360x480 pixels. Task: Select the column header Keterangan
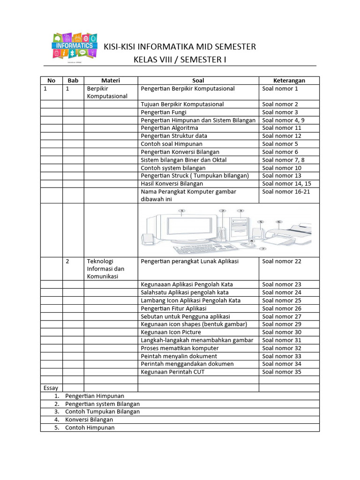289,81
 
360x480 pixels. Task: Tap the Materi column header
111,81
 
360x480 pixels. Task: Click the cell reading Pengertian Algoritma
169,128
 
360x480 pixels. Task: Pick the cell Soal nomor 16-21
286,192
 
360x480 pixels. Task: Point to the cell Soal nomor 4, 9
283,120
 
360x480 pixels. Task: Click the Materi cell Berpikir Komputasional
107,92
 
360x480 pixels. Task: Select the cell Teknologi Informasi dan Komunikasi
105,269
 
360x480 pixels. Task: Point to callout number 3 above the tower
240,211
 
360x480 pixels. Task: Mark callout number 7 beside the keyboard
263,249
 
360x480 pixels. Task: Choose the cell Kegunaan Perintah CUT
172,372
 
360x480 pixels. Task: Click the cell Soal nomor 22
282,262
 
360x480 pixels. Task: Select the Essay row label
51,388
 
